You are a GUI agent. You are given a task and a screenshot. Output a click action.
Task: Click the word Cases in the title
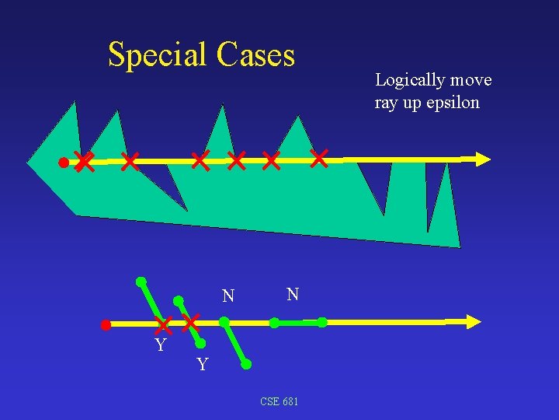[256, 55]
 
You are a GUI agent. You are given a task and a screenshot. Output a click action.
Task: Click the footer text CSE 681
[279, 401]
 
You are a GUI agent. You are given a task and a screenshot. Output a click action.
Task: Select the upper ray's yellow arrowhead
[483, 159]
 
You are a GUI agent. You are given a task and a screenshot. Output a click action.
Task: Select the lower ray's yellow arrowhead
[472, 320]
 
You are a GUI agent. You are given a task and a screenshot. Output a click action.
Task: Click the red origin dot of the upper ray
[64, 163]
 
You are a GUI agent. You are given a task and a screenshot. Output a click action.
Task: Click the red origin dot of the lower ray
[106, 325]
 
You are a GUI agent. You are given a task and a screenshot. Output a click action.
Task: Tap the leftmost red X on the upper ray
[85, 163]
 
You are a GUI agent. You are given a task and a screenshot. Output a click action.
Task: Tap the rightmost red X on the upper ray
[319, 158]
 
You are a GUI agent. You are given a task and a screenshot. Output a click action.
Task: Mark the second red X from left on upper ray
[130, 162]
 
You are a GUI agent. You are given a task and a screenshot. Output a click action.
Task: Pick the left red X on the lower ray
[163, 324]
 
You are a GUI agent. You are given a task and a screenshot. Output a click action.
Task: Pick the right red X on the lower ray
[191, 322]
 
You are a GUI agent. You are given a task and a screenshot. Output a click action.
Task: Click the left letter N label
[227, 296]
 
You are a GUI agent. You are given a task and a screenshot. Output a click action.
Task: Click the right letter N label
[292, 294]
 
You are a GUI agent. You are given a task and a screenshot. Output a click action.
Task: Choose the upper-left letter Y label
[160, 345]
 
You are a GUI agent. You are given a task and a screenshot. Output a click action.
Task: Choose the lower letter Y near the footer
[202, 364]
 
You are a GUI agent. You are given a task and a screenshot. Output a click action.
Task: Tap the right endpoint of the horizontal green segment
[322, 321]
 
